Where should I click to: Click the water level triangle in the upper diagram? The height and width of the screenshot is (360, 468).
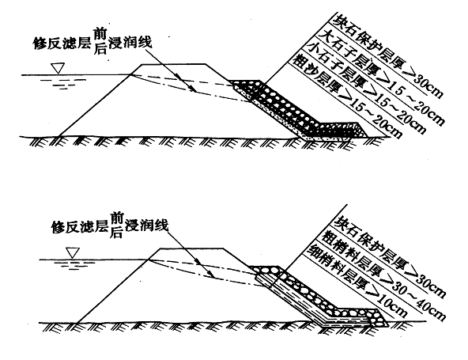pos(58,68)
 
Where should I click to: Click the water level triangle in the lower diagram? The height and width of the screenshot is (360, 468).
pos(73,253)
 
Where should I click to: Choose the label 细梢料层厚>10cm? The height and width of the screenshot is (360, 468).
pos(357,281)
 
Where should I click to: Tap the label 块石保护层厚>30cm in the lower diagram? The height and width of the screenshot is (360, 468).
pos(390,256)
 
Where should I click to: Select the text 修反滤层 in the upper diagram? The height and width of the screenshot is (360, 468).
pos(62,44)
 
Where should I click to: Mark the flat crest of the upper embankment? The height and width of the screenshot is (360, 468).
pos(173,64)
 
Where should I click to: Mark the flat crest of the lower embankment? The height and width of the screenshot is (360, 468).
pos(191,248)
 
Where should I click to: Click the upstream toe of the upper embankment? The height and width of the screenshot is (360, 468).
pos(58,137)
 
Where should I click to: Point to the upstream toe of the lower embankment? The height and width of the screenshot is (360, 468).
pos(77,323)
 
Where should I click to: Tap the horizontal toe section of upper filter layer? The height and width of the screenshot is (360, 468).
pos(339,131)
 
